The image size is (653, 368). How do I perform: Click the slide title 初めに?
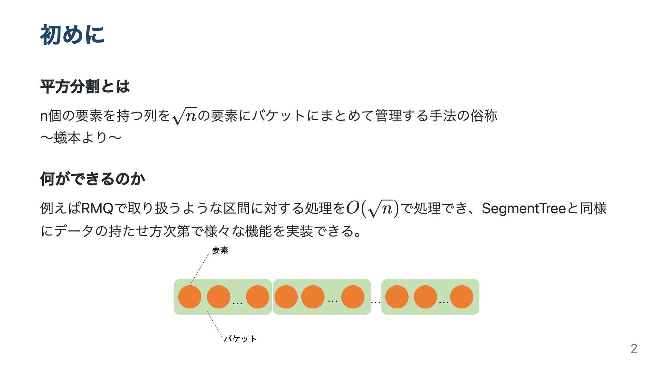tap(72, 35)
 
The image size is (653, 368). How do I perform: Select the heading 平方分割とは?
tap(85, 86)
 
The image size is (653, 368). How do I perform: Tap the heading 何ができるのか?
tap(93, 179)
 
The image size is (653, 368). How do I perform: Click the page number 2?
tap(634, 348)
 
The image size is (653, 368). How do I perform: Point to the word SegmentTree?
tap(524, 208)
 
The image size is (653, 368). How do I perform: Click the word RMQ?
tap(97, 208)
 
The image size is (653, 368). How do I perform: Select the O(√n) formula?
tap(372, 208)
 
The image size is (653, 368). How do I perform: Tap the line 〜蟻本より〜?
tap(81, 138)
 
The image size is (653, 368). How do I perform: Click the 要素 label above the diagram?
tap(220, 250)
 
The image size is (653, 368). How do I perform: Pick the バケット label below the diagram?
tap(240, 339)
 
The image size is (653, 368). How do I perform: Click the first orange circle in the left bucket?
tap(190, 297)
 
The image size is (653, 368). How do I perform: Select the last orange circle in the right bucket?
tap(462, 297)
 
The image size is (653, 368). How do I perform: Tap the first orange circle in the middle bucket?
tap(286, 297)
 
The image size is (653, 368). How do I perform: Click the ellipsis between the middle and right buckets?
tap(375, 302)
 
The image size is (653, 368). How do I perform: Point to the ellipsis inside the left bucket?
tap(237, 303)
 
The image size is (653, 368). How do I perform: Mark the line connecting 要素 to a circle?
tap(199, 269)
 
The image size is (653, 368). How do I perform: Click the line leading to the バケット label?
tap(214, 324)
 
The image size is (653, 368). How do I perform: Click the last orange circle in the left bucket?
tap(257, 297)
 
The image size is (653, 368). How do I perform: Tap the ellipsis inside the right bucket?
tap(443, 302)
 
